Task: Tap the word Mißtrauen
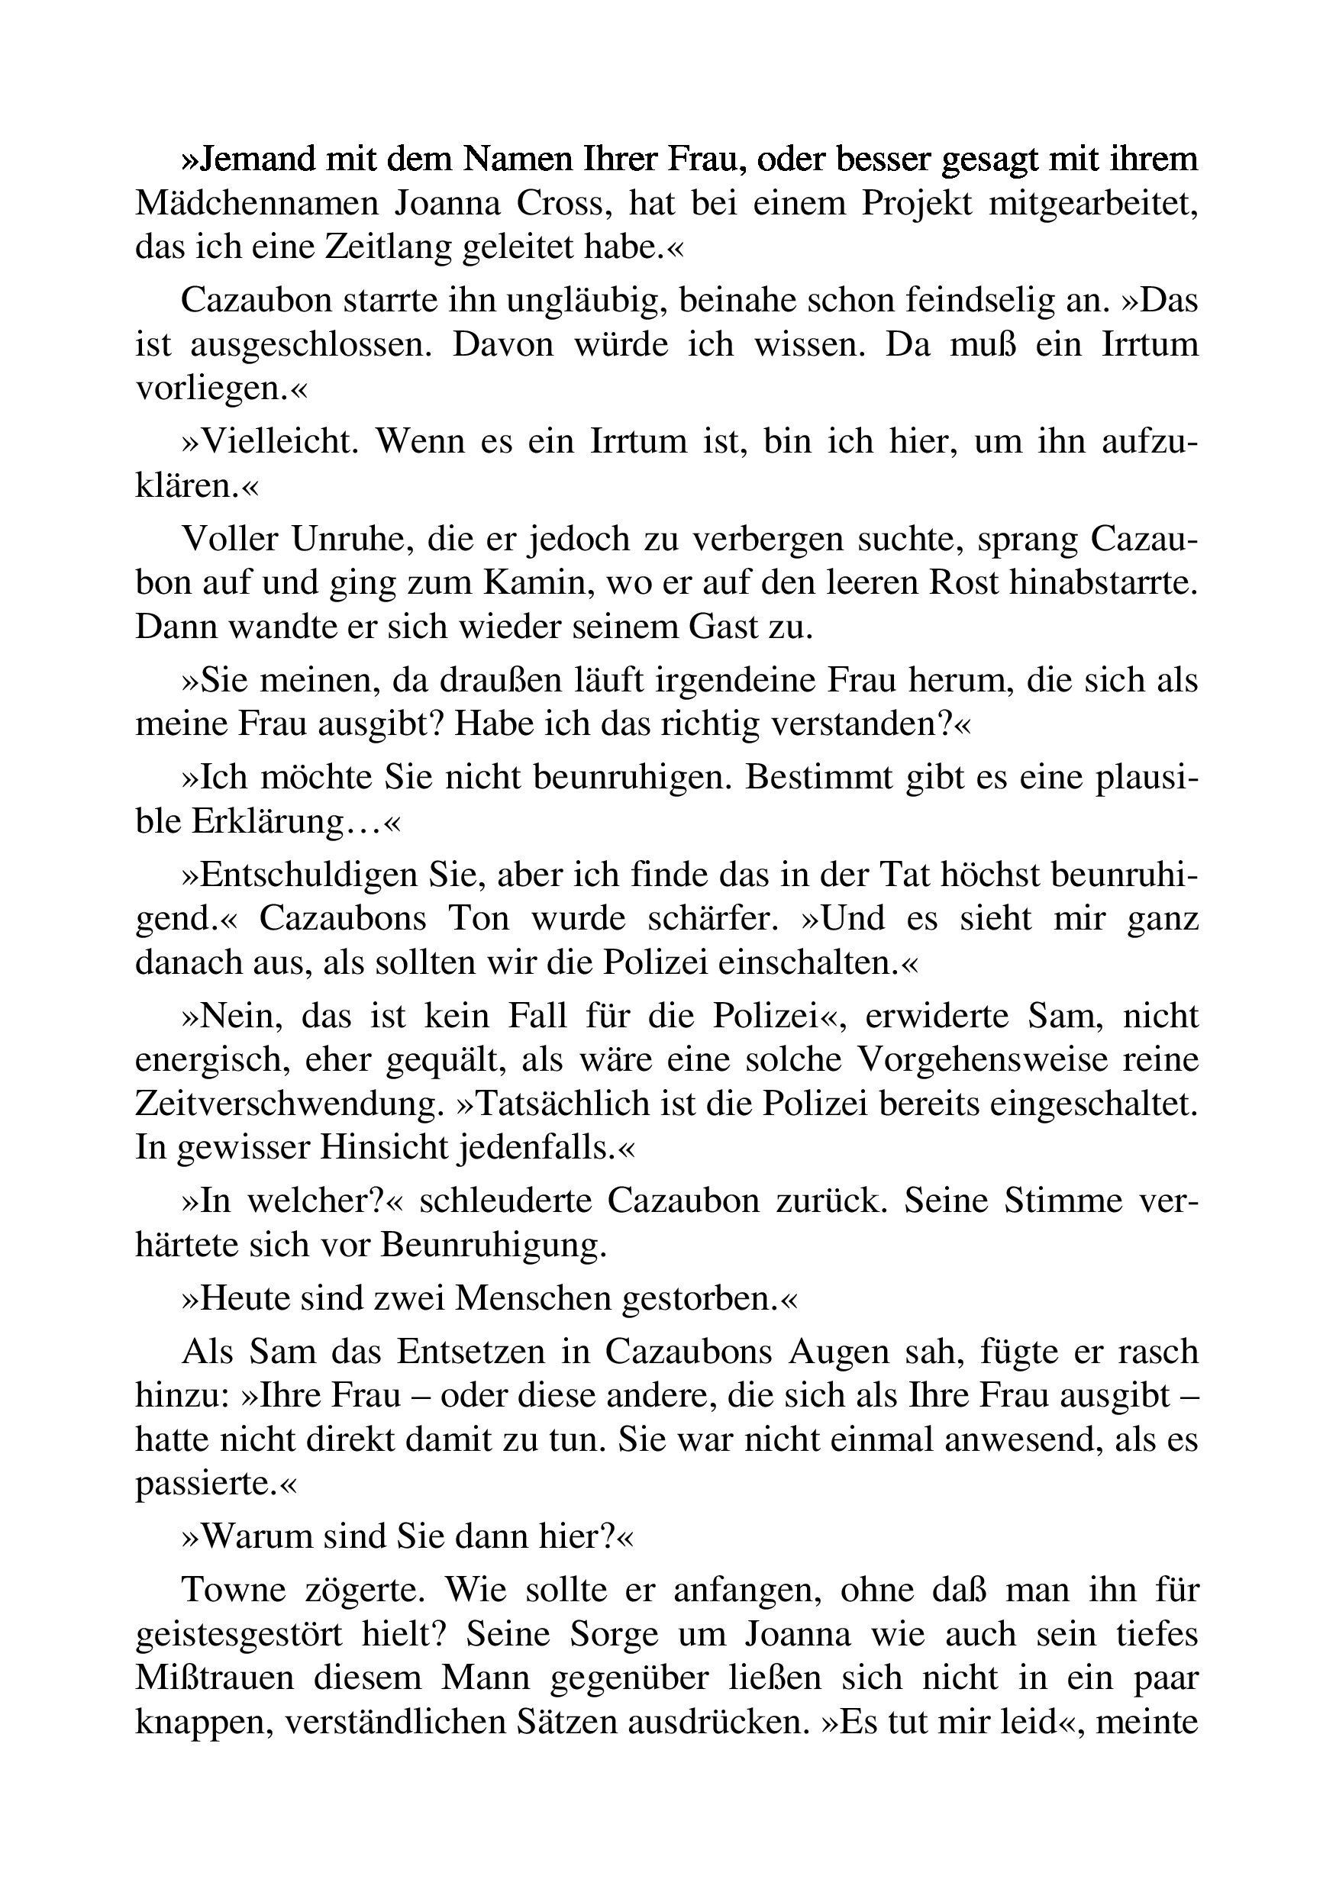[215, 1678]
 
